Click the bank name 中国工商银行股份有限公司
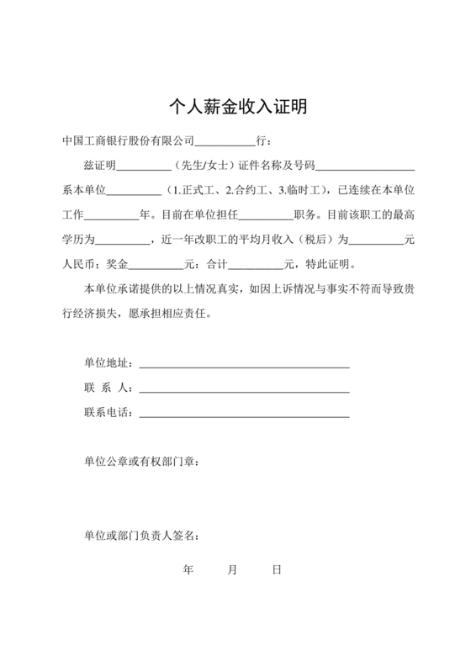(x=128, y=141)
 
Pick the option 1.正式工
(x=192, y=190)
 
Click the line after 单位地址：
(x=244, y=366)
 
